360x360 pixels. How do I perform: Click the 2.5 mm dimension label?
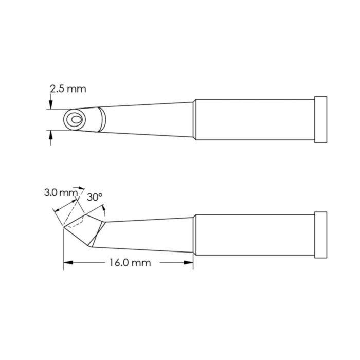pyautogui.click(x=68, y=89)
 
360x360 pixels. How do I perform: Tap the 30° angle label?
pyautogui.click(x=95, y=197)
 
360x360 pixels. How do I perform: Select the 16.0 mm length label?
pyautogui.click(x=130, y=263)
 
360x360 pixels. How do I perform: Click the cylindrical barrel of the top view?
pyautogui.click(x=255, y=119)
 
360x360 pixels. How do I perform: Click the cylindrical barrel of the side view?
pyautogui.click(x=255, y=235)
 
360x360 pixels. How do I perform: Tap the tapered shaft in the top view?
pyautogui.click(x=149, y=119)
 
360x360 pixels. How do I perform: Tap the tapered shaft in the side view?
pyautogui.click(x=149, y=234)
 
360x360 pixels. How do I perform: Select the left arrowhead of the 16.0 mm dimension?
pyautogui.click(x=67, y=263)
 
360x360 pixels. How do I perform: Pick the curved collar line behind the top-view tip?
pyautogui.click(x=103, y=119)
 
